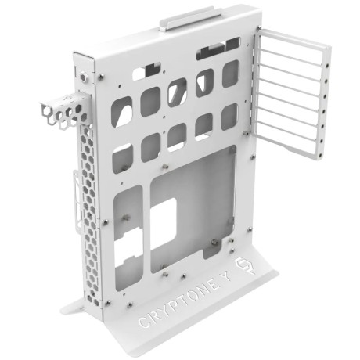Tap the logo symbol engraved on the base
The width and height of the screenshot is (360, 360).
pos(244,267)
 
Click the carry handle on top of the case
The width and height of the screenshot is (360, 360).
pos(191,20)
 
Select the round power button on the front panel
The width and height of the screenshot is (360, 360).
pos(84,77)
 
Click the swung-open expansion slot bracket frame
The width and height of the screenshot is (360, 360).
pos(292,93)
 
